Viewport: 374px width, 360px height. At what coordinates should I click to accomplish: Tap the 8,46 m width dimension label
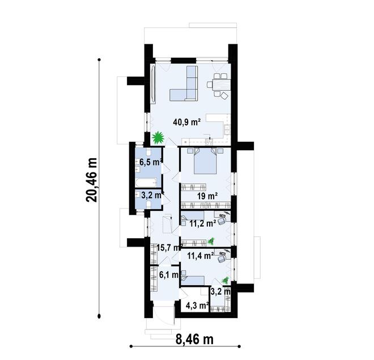[x=194, y=340]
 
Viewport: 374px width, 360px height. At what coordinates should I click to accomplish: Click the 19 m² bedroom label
[x=207, y=196]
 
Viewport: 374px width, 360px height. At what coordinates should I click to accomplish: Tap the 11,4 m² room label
[x=200, y=256]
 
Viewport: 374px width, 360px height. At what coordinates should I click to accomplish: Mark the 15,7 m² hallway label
[x=169, y=247]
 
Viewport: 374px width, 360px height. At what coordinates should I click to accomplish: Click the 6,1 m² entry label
[x=169, y=276]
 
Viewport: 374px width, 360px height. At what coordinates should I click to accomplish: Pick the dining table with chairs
[x=219, y=84]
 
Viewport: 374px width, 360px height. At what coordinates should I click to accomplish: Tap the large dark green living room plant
[x=158, y=138]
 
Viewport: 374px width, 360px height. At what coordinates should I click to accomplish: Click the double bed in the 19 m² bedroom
[x=205, y=162]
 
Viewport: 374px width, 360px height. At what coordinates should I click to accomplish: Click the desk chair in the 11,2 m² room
[x=223, y=218]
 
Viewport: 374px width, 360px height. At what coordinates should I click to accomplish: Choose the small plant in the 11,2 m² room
[x=211, y=242]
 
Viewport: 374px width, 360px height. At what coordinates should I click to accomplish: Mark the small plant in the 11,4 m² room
[x=226, y=279]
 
